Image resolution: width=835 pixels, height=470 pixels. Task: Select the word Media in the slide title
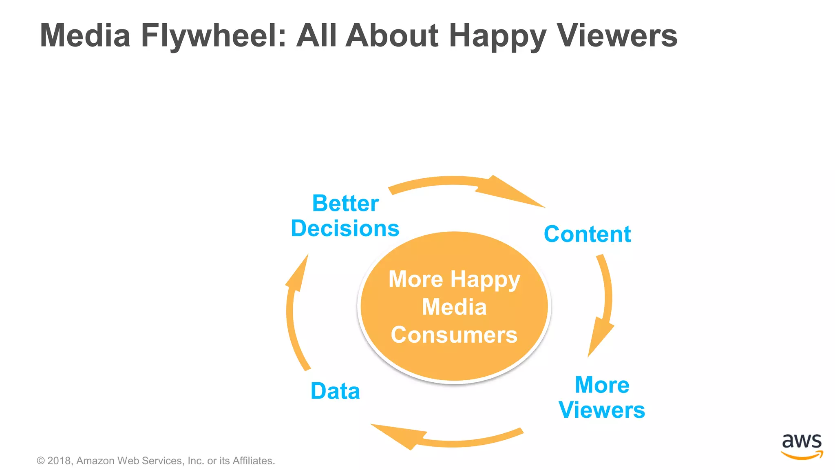(85, 36)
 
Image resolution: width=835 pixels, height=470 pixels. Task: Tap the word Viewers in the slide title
(616, 36)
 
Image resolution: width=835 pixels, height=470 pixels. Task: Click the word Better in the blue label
(345, 203)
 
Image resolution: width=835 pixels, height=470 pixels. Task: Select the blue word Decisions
(345, 228)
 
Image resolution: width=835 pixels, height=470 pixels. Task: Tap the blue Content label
(587, 234)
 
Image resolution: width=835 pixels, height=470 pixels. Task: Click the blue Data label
(335, 391)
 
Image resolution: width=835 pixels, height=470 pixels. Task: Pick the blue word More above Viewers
(602, 385)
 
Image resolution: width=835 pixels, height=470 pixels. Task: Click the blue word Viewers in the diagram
(602, 410)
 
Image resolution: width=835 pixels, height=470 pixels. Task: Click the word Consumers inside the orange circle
(454, 335)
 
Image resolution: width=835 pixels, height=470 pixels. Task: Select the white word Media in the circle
(454, 307)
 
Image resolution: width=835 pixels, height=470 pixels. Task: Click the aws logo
(802, 446)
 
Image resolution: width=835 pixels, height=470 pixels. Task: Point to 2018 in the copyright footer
(60, 461)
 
